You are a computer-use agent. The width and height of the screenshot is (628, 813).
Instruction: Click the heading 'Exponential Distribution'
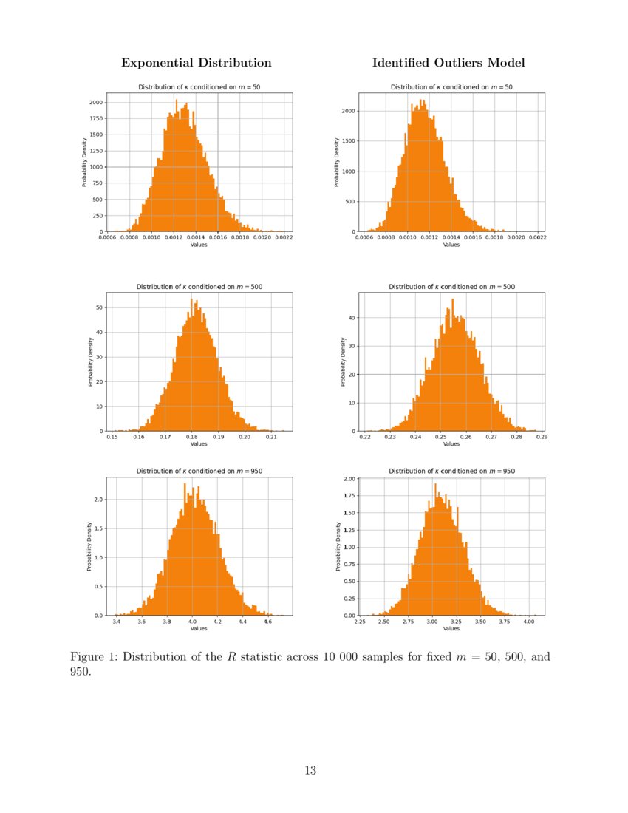click(x=196, y=63)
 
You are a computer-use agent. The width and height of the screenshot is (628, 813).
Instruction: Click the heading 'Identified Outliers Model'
click(x=448, y=63)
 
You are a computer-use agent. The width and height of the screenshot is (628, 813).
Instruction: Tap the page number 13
click(x=310, y=771)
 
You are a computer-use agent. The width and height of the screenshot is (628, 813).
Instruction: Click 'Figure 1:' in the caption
click(x=94, y=657)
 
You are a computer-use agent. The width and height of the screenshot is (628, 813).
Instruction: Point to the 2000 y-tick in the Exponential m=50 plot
click(x=96, y=102)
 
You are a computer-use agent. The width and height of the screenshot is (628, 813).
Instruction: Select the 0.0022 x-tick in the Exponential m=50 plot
click(x=284, y=239)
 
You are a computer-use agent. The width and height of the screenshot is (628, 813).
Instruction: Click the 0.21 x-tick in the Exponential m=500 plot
click(x=271, y=438)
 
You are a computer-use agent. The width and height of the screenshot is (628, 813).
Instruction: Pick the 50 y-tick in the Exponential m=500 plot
click(x=100, y=307)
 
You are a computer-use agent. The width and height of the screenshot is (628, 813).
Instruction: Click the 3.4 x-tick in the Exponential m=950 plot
click(x=117, y=622)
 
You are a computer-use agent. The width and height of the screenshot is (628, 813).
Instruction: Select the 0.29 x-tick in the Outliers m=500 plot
click(x=541, y=438)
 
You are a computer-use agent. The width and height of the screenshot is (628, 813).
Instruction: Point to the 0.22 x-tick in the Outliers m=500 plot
click(x=365, y=438)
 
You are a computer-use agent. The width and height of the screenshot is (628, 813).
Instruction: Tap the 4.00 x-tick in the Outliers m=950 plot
click(x=528, y=622)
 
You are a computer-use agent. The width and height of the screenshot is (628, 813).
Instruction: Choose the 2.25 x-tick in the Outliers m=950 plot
click(x=360, y=622)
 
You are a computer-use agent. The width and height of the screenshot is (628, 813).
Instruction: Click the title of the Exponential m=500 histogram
click(x=199, y=286)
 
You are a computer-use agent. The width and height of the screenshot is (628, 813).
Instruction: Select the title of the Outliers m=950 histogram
click(x=451, y=471)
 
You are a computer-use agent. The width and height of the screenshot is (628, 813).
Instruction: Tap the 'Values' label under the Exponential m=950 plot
click(x=199, y=629)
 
